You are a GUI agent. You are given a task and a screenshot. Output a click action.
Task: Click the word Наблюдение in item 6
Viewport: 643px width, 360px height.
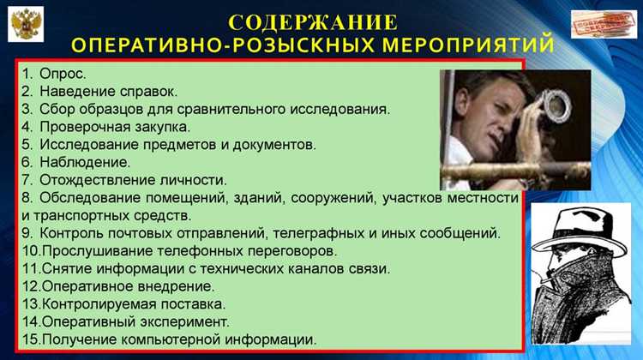[x=84, y=161]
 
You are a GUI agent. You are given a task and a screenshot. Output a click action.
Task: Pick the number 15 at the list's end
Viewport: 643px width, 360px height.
[x=30, y=340]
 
